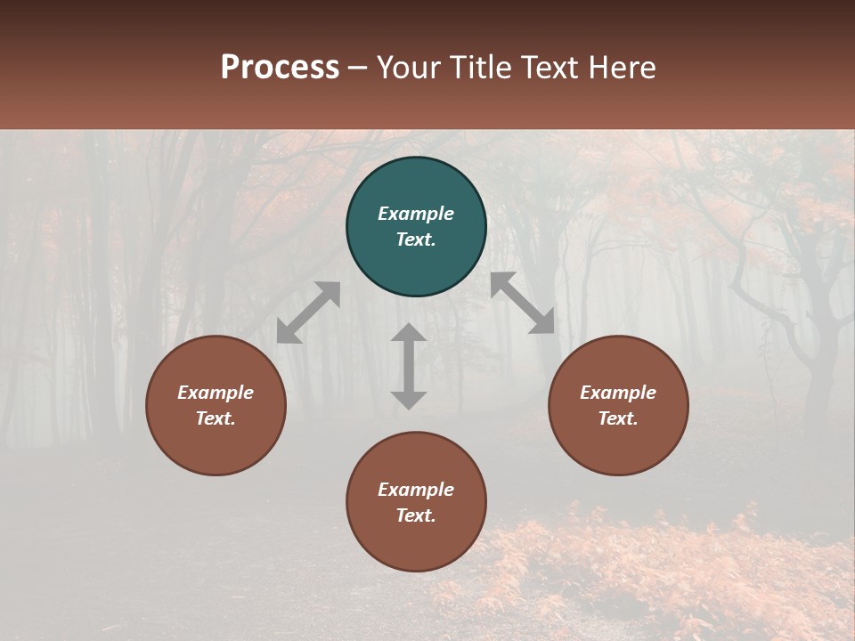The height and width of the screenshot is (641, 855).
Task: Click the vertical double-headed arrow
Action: [409, 366]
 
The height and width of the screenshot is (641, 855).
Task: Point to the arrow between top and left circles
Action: [308, 312]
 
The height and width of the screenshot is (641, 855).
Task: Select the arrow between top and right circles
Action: [523, 303]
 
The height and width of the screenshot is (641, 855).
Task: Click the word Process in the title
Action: [280, 68]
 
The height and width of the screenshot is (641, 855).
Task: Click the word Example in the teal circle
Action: [416, 214]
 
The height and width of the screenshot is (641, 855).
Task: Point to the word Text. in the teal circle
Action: [416, 239]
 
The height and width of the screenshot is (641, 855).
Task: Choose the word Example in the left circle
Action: [216, 393]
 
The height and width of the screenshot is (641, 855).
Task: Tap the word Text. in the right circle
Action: [618, 418]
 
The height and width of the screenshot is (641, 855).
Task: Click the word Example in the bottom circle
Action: [416, 490]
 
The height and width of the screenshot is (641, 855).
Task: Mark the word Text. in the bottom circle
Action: [416, 515]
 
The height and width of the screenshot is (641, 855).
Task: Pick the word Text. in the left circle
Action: [216, 418]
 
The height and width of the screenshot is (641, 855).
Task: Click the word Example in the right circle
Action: [618, 393]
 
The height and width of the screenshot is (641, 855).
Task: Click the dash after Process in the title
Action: [358, 68]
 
